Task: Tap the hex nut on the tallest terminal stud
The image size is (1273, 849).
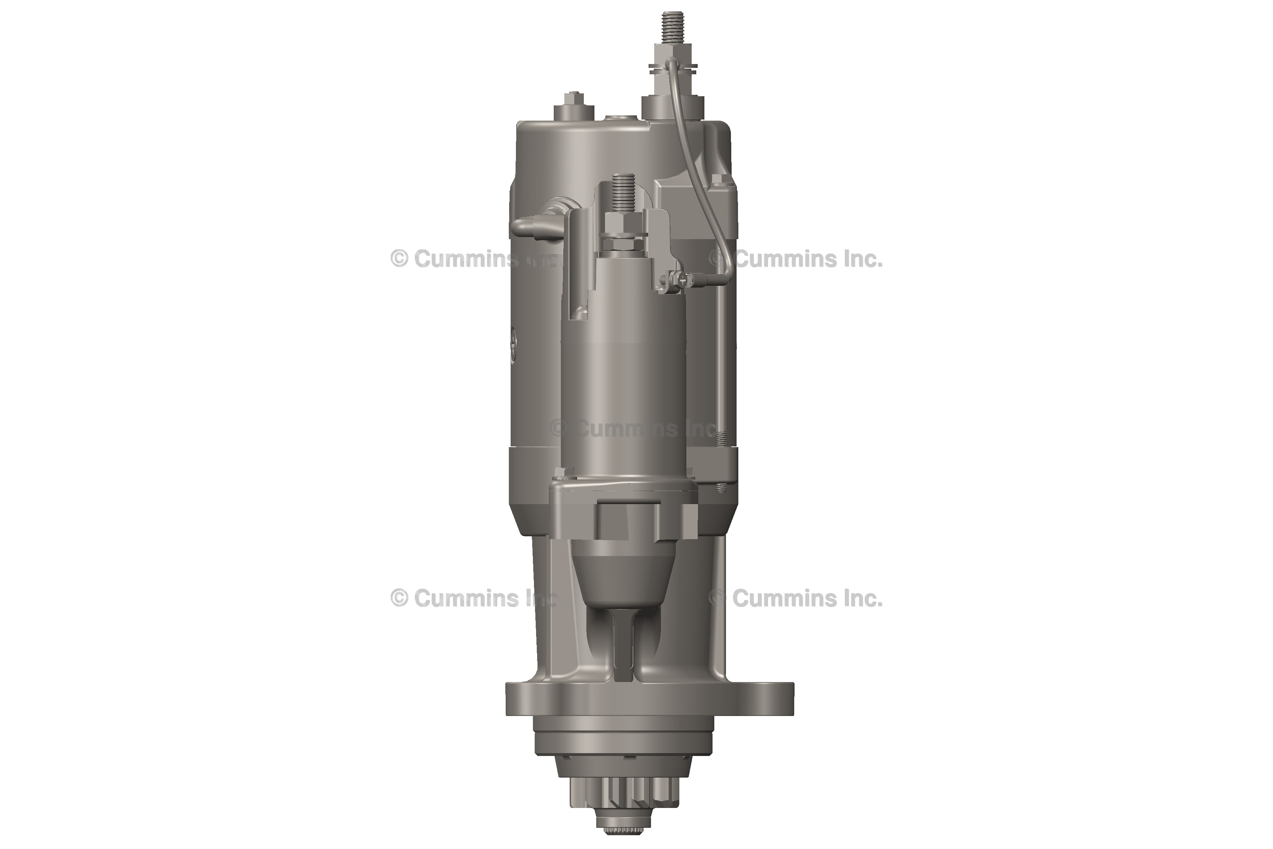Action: click(669, 54)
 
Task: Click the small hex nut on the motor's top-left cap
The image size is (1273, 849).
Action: click(572, 99)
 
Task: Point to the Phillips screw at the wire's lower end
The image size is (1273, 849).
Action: click(686, 280)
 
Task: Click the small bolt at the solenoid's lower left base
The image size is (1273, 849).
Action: click(559, 477)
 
